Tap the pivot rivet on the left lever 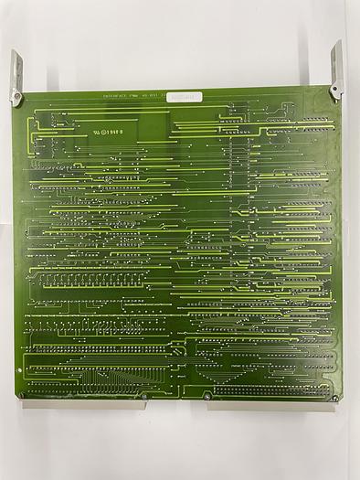(16, 91)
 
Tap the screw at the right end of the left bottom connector (143, 396)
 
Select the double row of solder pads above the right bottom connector (270, 388)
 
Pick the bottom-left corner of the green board (17, 399)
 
